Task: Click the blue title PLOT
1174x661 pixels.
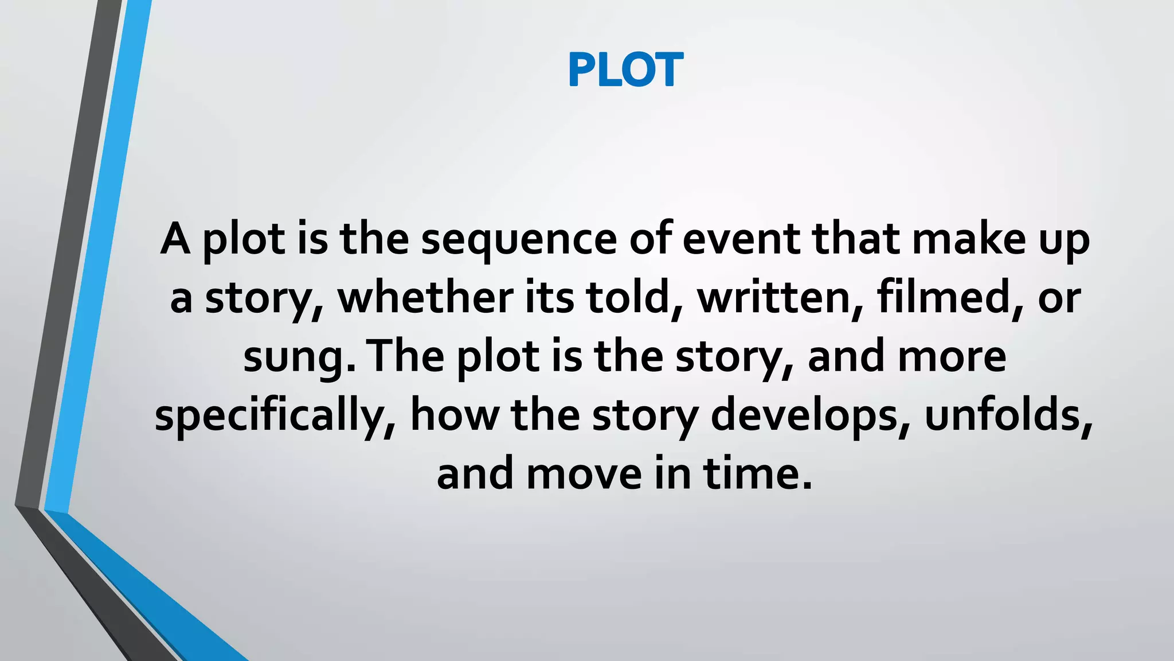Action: [x=625, y=69]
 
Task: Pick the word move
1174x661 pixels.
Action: [x=584, y=475]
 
